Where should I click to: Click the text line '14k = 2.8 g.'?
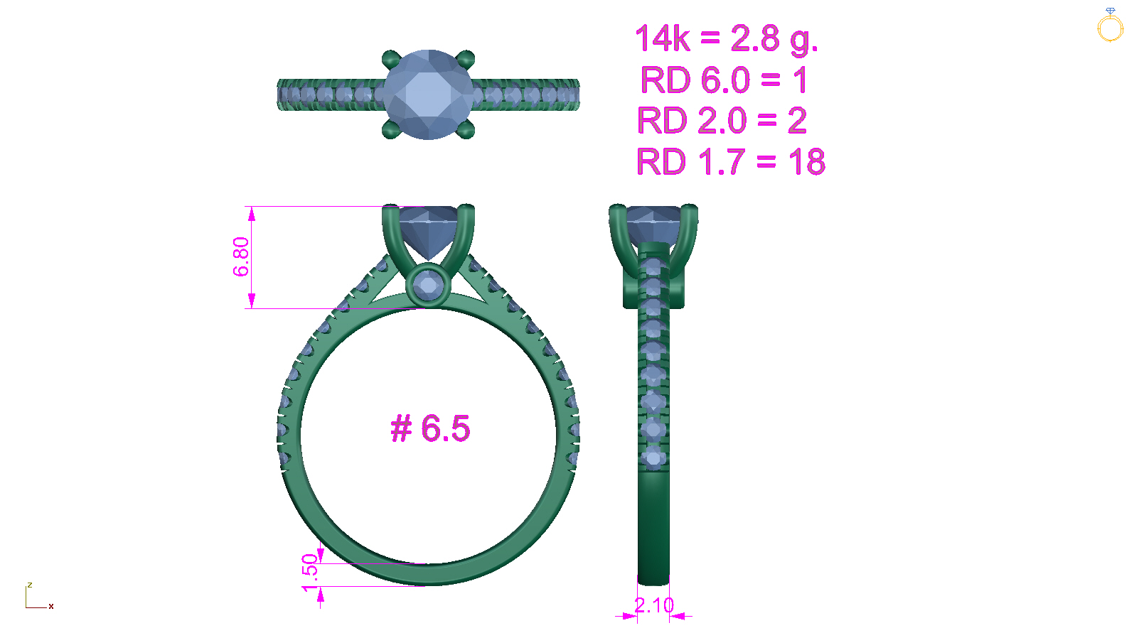[727, 39]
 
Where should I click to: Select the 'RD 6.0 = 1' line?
[724, 80]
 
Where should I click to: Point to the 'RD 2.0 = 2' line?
[722, 120]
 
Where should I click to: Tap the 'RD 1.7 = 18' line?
[731, 161]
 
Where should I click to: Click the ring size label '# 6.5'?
[430, 428]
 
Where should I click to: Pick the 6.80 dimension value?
[241, 256]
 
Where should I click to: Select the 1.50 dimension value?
[310, 573]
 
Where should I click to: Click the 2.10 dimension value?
[654, 605]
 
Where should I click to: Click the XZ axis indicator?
[39, 596]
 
